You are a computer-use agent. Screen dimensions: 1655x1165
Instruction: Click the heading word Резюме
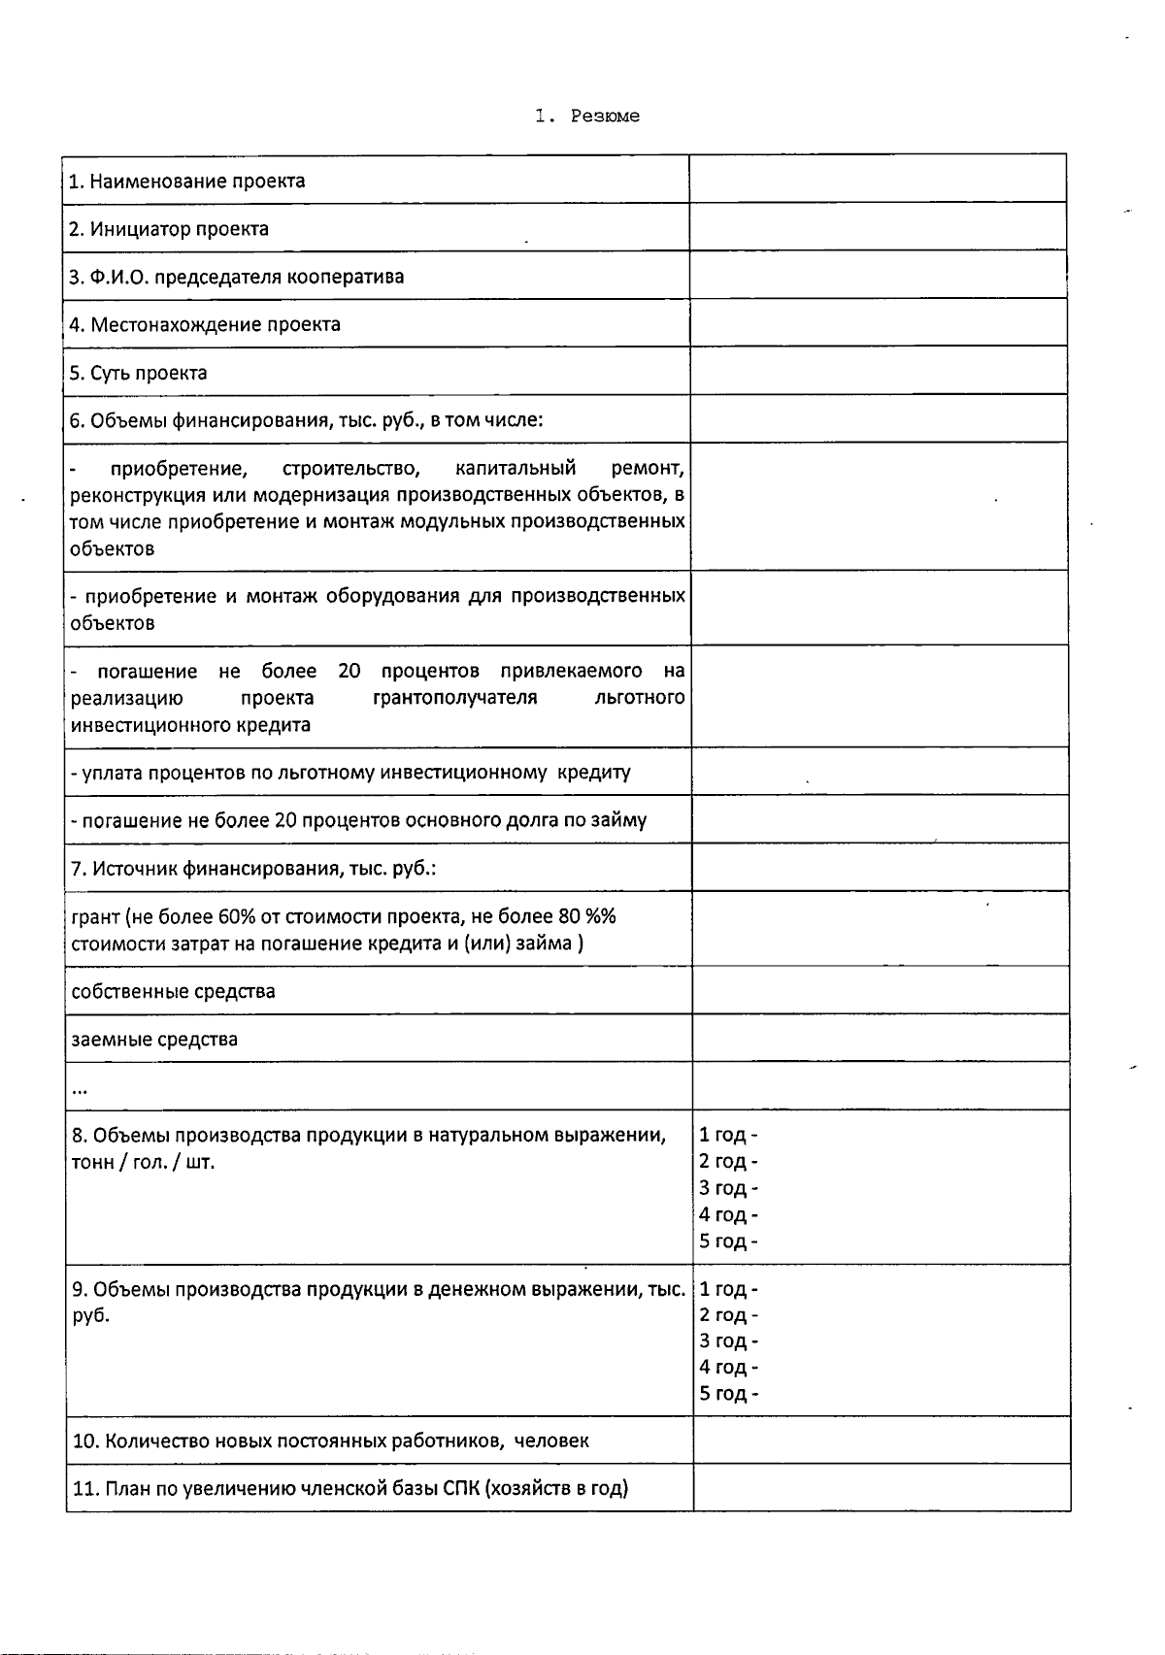tap(605, 116)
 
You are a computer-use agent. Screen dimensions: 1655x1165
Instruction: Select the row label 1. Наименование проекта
tap(187, 182)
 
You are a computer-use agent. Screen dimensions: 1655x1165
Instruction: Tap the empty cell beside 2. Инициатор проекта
tap(878, 228)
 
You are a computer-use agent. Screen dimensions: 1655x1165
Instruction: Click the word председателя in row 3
tap(210, 277)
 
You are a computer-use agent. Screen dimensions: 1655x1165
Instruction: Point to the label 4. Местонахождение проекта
tap(205, 324)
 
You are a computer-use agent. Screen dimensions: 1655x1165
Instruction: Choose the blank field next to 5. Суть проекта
tap(878, 372)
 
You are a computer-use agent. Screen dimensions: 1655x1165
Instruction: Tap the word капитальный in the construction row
tap(515, 469)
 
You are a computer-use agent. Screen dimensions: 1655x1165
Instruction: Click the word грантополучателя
tap(454, 698)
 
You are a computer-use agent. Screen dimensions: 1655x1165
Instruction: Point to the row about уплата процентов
tap(350, 773)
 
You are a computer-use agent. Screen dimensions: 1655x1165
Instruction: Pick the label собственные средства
tap(173, 991)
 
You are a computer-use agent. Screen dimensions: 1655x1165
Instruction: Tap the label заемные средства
tap(154, 1040)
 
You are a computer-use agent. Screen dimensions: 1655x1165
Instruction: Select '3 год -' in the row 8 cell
tap(728, 1188)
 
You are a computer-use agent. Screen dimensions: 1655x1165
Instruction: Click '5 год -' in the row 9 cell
tap(728, 1394)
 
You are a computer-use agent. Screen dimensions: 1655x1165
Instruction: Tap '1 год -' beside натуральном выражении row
tap(728, 1135)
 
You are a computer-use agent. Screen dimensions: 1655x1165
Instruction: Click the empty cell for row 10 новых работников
tap(881, 1440)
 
